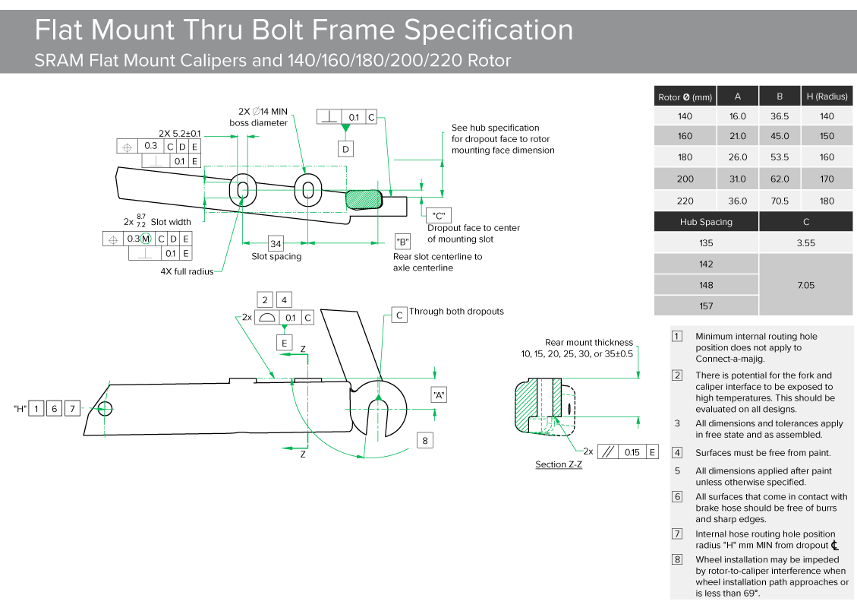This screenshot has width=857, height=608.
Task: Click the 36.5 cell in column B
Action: (x=780, y=116)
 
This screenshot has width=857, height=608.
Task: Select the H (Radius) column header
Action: (x=827, y=97)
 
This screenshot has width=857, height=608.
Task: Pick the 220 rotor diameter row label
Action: (x=685, y=201)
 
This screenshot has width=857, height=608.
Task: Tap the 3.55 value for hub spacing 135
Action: (x=806, y=243)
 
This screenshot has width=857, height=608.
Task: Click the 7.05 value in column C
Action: (x=806, y=285)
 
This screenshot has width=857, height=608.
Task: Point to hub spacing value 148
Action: (x=706, y=285)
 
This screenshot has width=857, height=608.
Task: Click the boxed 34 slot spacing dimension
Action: (x=276, y=244)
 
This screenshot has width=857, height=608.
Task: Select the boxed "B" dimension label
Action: (x=402, y=242)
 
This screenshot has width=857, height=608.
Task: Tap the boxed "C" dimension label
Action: (x=436, y=215)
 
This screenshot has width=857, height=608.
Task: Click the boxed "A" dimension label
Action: (x=439, y=394)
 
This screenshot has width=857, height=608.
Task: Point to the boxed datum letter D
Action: (x=345, y=149)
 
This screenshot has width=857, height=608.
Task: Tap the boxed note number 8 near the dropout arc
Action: (x=425, y=440)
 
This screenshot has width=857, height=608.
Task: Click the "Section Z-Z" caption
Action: (x=559, y=464)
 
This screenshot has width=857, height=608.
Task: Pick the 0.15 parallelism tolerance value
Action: (x=632, y=452)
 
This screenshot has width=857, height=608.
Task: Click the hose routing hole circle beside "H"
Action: (x=105, y=409)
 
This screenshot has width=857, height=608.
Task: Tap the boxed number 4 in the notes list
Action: (x=677, y=453)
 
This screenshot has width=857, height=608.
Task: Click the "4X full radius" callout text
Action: (x=187, y=271)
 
